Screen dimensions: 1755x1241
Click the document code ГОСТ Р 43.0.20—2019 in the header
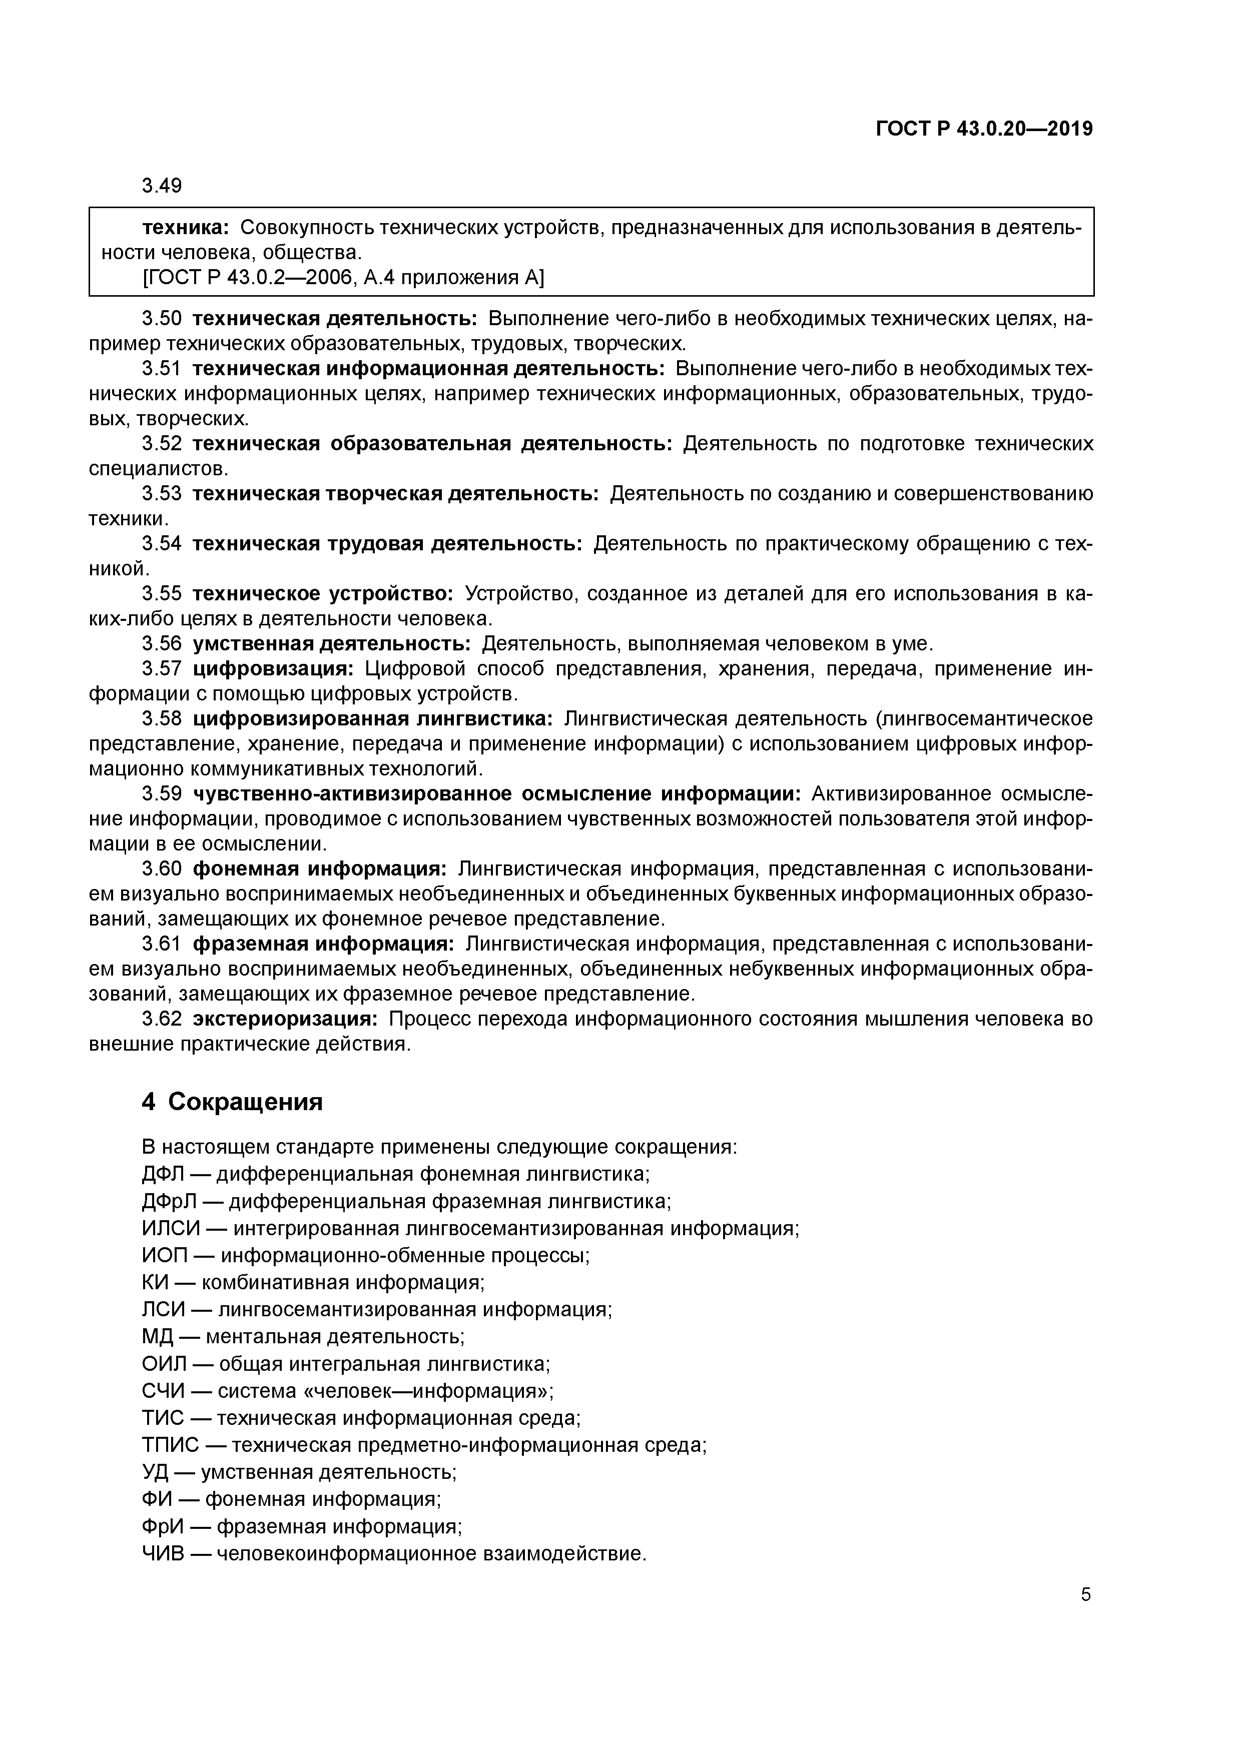pyautogui.click(x=984, y=129)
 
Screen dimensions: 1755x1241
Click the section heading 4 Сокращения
pyautogui.click(x=233, y=1102)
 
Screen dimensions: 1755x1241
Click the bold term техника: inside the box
pyautogui.click(x=186, y=227)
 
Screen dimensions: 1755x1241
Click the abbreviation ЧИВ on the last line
pyautogui.click(x=163, y=1554)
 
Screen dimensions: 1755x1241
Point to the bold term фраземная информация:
pyautogui.click(x=323, y=944)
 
